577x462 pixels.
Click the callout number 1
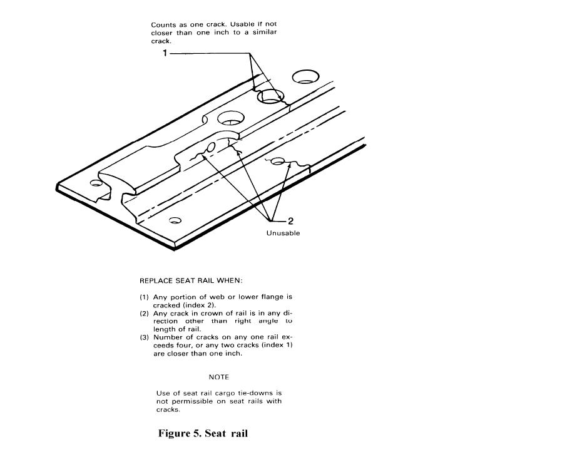pos(165,53)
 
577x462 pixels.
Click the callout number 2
pos(291,221)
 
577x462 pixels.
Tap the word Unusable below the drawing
pos(283,233)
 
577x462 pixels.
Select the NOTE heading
pos(219,377)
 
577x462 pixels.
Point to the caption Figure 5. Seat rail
pos(203,433)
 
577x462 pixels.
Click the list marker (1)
pos(144,297)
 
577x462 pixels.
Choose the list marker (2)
pos(144,314)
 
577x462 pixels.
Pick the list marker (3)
pos(144,337)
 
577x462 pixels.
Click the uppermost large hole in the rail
pos(305,76)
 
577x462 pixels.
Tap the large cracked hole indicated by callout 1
pos(271,96)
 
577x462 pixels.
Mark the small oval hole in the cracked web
pos(212,147)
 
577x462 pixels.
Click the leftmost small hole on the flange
pos(96,183)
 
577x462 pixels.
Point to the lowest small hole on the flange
pos(175,220)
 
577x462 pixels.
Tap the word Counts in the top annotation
pos(163,24)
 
